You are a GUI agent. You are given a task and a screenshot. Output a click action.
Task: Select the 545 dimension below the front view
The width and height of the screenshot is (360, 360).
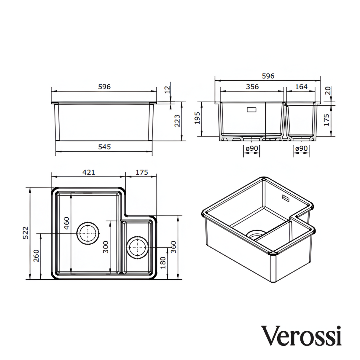click(x=104, y=147)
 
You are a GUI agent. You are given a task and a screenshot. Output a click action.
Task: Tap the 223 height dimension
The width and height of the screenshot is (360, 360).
click(x=177, y=121)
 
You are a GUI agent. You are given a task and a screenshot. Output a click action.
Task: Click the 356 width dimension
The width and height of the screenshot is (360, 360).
click(x=252, y=87)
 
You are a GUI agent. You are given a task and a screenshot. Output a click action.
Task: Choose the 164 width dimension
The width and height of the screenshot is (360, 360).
click(x=301, y=87)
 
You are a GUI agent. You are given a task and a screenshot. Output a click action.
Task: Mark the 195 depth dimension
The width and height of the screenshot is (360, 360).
click(x=197, y=118)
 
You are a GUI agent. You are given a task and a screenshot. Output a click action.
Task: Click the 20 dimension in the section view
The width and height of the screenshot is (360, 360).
click(x=327, y=91)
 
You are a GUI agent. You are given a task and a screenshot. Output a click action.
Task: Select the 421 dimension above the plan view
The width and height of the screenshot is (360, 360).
click(x=88, y=172)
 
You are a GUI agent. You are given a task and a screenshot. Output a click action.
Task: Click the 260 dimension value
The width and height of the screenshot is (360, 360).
click(x=36, y=256)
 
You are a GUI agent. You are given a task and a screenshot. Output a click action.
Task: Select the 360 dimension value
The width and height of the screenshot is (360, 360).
click(x=173, y=247)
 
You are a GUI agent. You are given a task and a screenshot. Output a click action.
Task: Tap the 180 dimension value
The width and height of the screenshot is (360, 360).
click(x=163, y=263)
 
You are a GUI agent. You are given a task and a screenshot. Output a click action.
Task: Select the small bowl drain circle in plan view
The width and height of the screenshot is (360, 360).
click(x=137, y=247)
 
